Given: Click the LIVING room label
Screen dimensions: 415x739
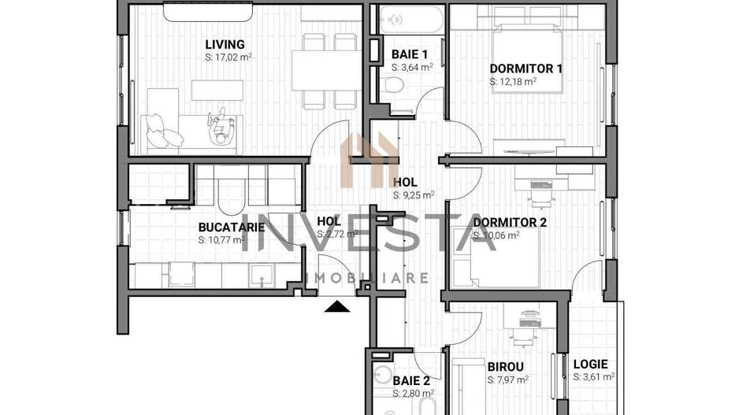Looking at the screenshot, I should (x=225, y=45).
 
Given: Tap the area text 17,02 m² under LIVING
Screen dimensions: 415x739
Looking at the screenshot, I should (x=228, y=57).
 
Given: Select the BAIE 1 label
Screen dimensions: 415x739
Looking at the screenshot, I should (x=410, y=54).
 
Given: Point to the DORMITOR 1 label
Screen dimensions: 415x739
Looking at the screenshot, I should (x=525, y=69).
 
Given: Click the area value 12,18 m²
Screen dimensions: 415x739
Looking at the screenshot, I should (x=513, y=81).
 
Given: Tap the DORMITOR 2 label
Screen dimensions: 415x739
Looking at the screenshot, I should (x=510, y=223).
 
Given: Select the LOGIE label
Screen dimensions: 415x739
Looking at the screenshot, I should (x=590, y=364).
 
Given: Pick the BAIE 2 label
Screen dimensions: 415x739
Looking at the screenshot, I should (x=412, y=380).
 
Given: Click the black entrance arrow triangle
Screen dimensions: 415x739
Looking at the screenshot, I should (x=336, y=306).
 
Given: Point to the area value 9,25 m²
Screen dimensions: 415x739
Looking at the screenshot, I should (x=414, y=195).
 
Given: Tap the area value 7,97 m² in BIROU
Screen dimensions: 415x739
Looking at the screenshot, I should (x=507, y=380).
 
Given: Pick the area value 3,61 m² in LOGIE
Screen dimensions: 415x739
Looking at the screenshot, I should (x=594, y=377).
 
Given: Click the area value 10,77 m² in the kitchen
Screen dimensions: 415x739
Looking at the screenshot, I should (x=222, y=239).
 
